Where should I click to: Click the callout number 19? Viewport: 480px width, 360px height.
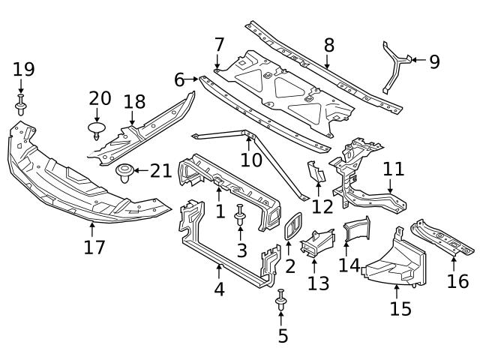coord(23,70)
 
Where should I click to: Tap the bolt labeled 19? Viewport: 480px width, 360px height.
coord(21,104)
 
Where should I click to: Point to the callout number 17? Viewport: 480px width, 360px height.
coord(94,247)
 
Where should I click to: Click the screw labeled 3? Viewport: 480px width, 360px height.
coord(240,218)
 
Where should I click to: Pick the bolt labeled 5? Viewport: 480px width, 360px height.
coord(281,301)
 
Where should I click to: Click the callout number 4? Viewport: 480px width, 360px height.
coord(219,289)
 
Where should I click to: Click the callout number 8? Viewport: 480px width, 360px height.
coord(328,45)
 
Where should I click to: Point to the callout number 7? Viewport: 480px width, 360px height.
coord(219,45)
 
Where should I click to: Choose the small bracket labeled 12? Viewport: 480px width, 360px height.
coord(316,173)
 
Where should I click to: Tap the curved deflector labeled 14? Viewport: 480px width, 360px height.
coord(357,229)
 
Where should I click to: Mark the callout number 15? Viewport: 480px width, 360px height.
coord(400,309)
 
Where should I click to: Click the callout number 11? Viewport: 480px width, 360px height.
coord(393,169)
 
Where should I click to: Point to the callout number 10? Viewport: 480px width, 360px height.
coord(251,160)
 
